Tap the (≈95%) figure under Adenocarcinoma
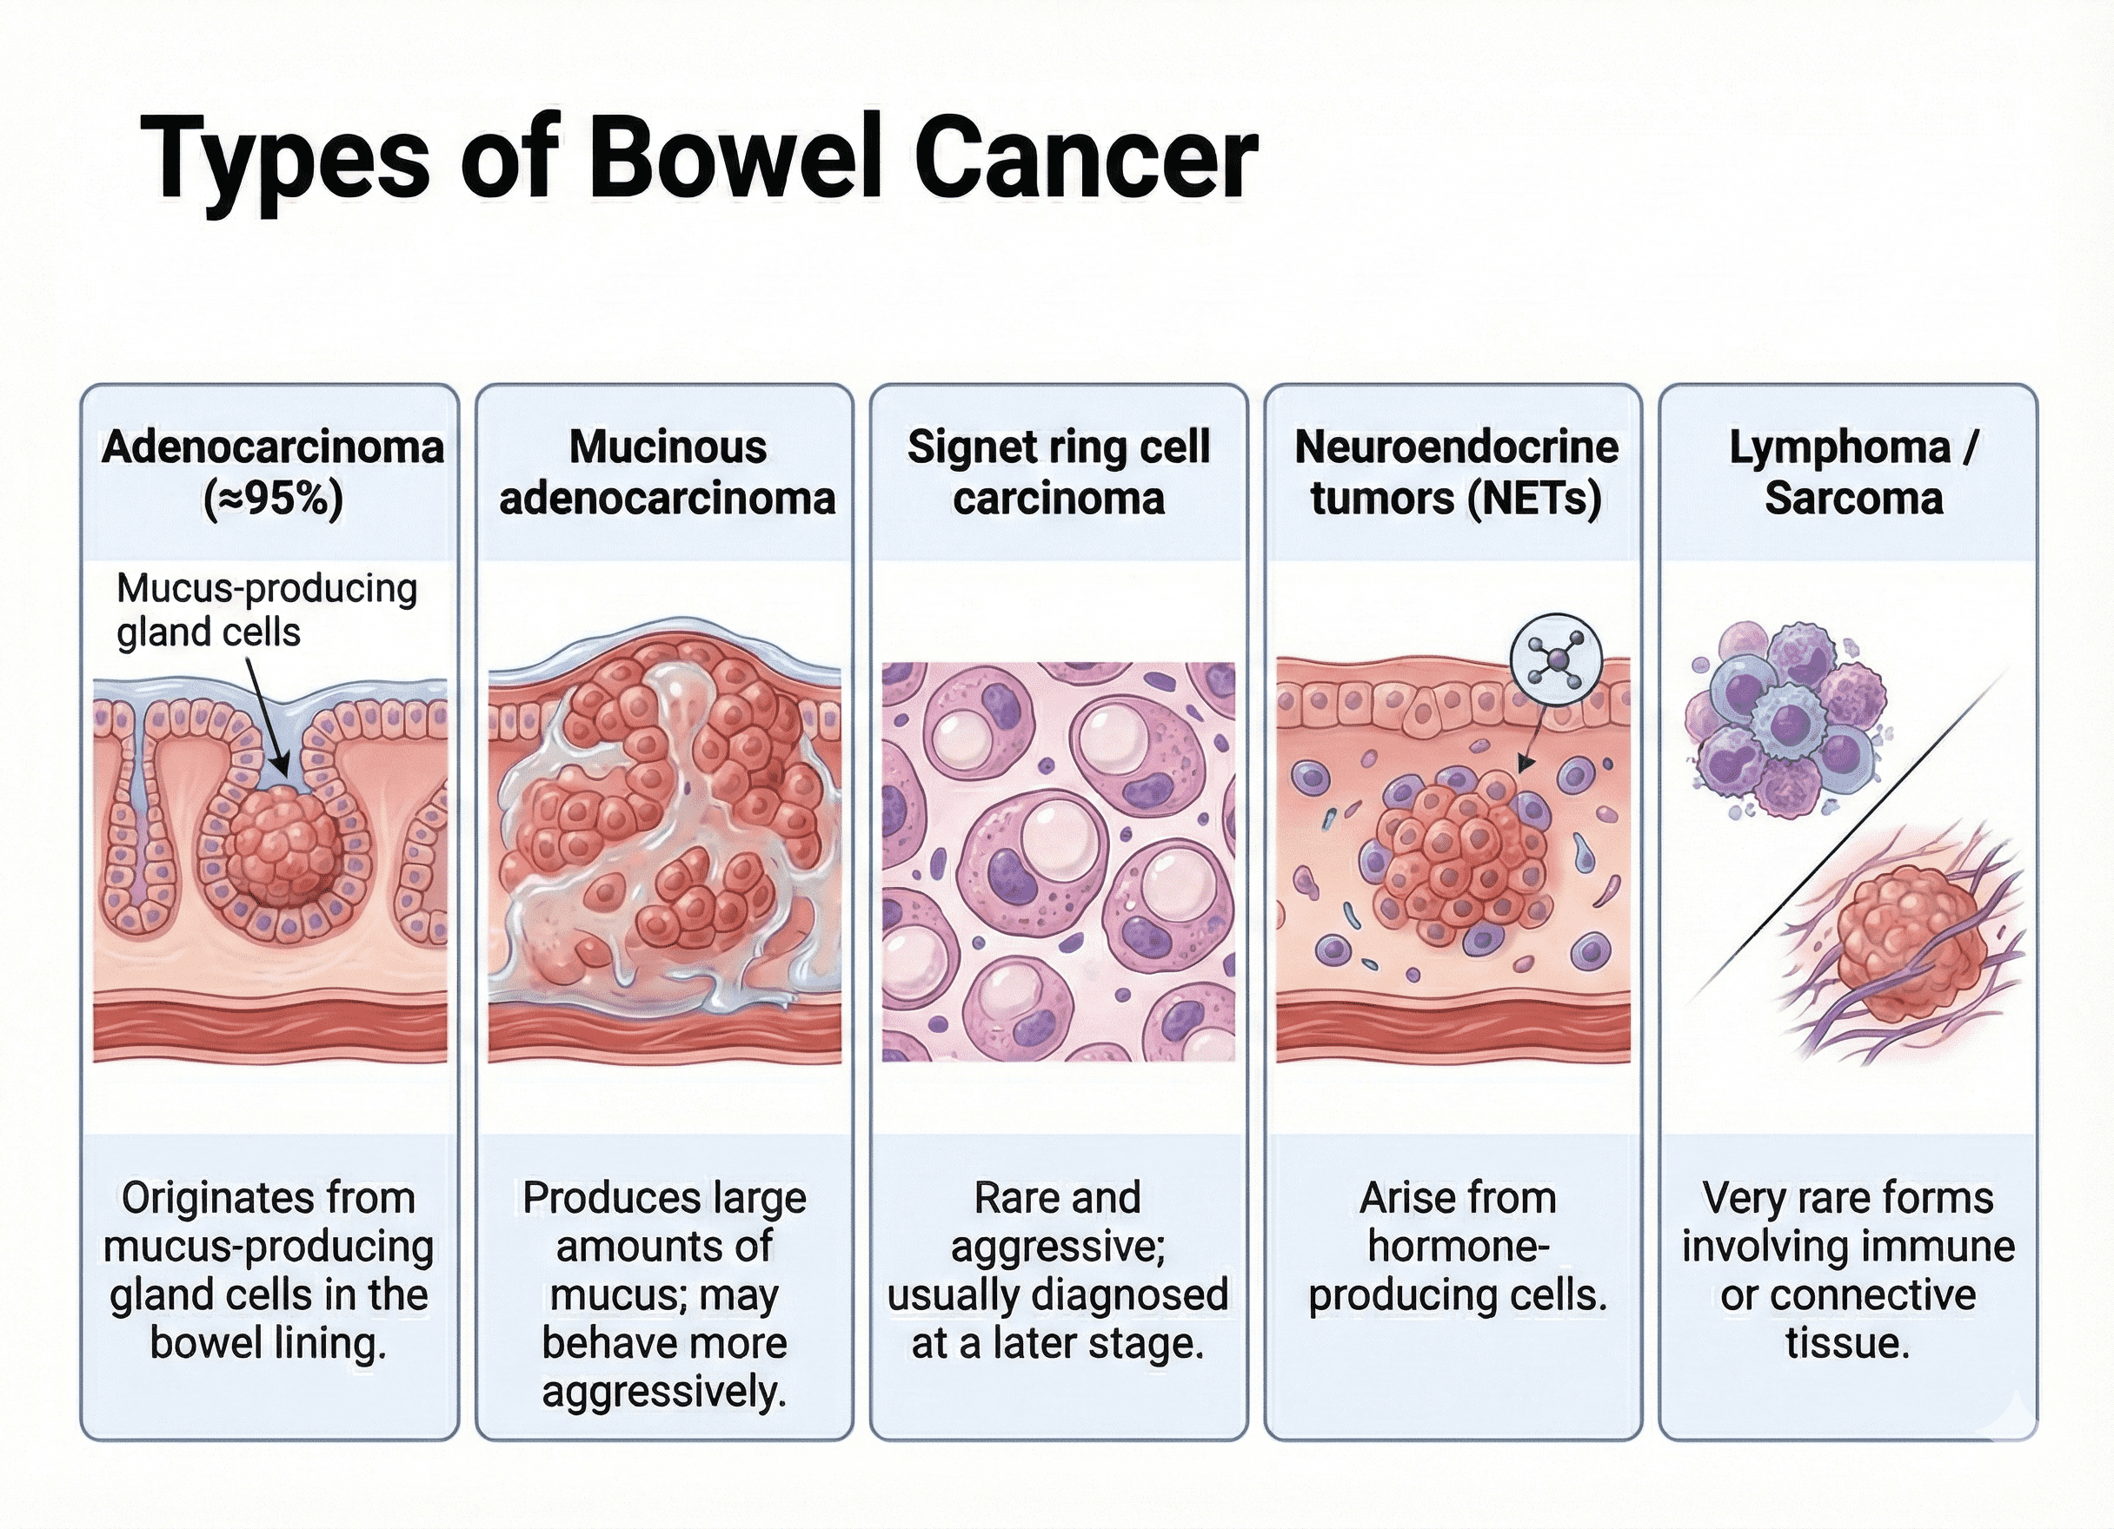tap(272, 499)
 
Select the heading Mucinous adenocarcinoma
tap(667, 473)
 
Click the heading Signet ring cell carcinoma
tap(1059, 473)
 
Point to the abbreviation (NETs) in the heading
tap(1533, 499)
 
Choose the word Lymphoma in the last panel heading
tap(1840, 447)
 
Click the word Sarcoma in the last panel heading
tap(1853, 499)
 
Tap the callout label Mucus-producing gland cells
tap(266, 609)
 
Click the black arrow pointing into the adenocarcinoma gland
tap(267, 718)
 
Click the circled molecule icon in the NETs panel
tap(1556, 659)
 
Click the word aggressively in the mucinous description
tap(663, 1391)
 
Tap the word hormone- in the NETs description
tap(1458, 1246)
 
